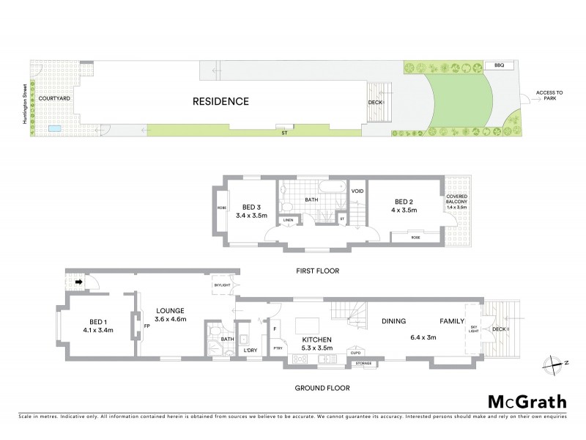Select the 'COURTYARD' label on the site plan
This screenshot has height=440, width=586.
pyautogui.click(x=54, y=98)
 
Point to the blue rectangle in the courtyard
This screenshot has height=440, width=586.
pyautogui.click(x=56, y=129)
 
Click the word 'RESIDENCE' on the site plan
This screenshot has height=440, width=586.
pyautogui.click(x=221, y=101)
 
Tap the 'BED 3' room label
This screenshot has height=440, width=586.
pyautogui.click(x=244, y=206)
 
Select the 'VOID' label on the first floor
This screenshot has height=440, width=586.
pyautogui.click(x=357, y=191)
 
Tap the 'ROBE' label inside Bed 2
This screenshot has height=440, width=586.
pyautogui.click(x=415, y=238)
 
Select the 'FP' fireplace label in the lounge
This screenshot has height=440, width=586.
pyautogui.click(x=146, y=326)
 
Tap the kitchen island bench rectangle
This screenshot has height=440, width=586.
pyautogui.click(x=307, y=323)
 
